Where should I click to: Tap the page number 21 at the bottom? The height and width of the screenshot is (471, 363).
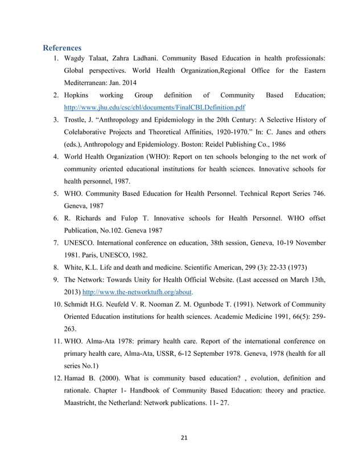click(x=181, y=438)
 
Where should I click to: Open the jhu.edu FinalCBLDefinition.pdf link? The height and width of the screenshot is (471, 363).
click(x=154, y=107)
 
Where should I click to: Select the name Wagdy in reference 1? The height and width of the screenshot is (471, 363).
click(x=77, y=59)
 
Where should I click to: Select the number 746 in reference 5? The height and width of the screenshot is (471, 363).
click(x=316, y=194)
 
